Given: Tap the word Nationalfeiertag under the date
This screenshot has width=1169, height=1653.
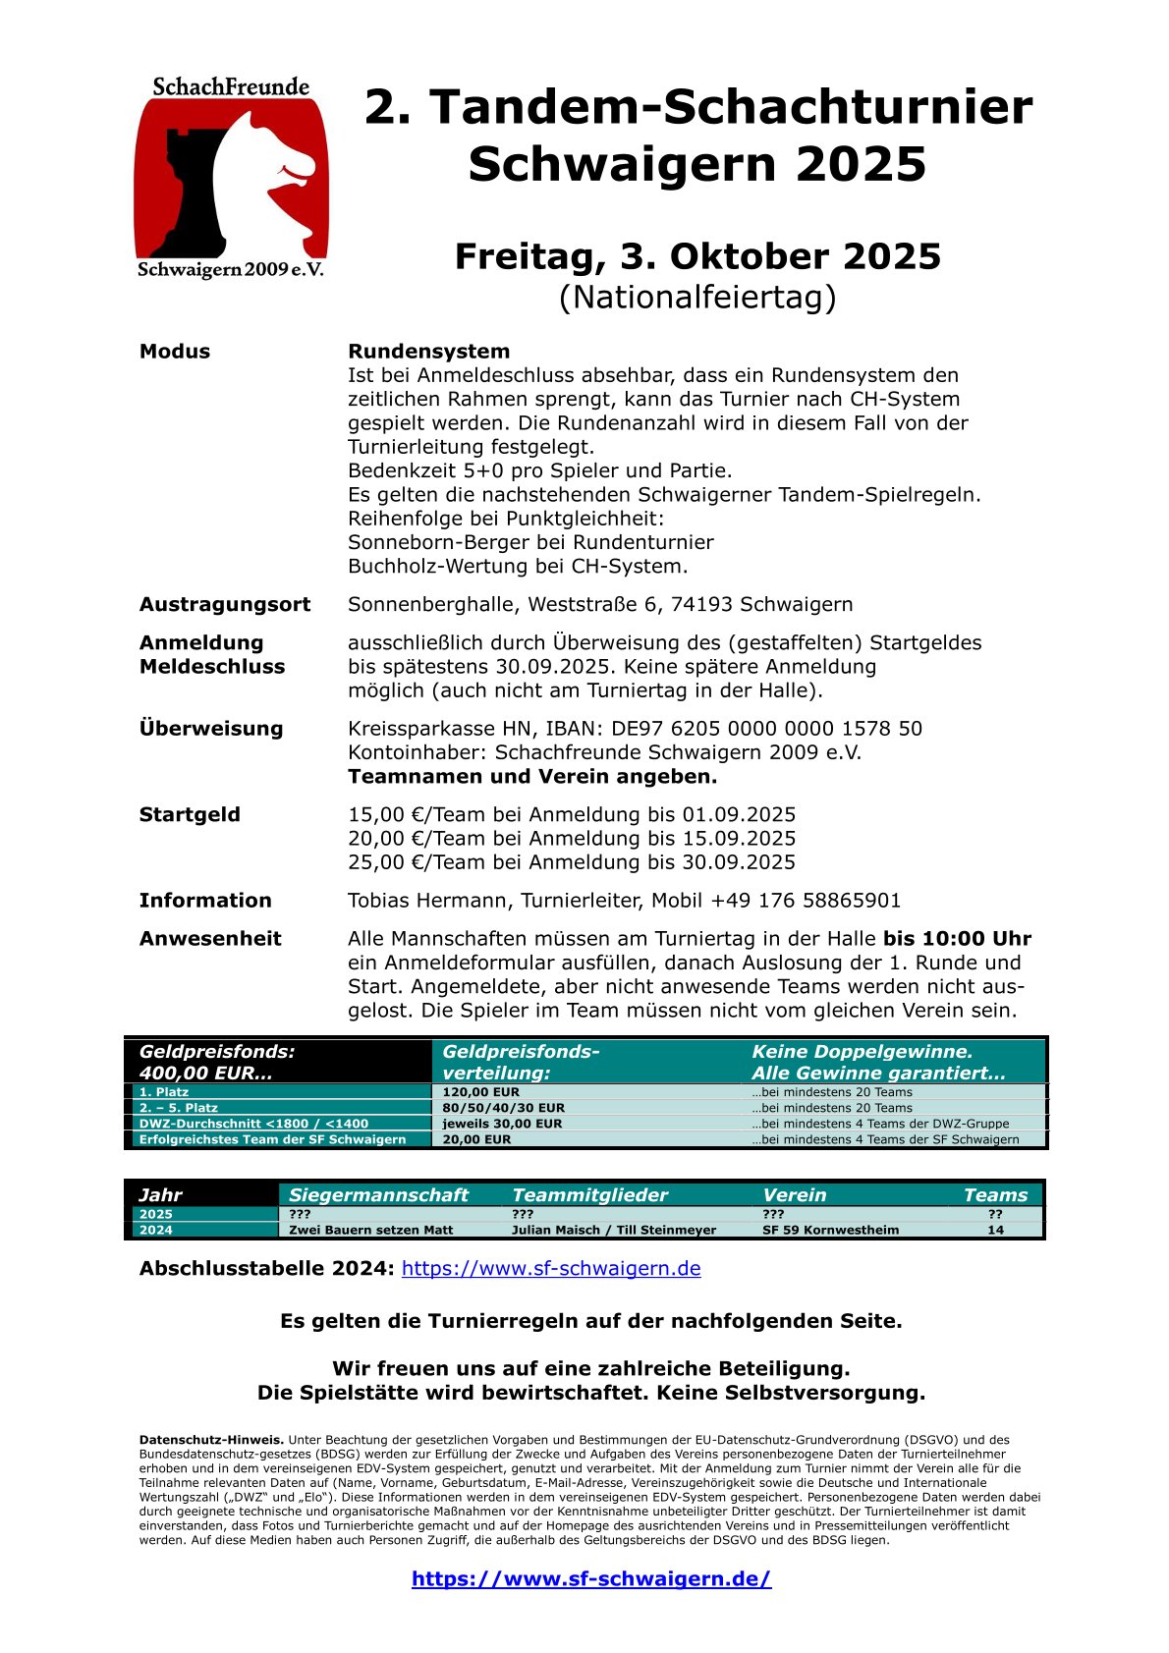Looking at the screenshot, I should pos(697,297).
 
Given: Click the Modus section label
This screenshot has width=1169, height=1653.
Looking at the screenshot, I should pos(175,352).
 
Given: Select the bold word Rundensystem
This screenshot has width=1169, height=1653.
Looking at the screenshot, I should pos(428,352).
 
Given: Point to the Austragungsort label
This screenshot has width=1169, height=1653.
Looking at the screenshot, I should pos(224,604).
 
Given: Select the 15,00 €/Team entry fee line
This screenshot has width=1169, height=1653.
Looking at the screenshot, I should pos(572,815).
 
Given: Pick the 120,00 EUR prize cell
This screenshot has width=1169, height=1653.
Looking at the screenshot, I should pos(480,1092).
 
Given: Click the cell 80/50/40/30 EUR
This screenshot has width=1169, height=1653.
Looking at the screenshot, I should pos(503,1108).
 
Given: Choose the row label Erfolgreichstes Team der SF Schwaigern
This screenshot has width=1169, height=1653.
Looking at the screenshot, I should pos(272,1139).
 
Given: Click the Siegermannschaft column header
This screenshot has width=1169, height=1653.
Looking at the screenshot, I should pos(378,1195).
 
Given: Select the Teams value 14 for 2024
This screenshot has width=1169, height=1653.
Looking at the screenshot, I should pos(995,1230).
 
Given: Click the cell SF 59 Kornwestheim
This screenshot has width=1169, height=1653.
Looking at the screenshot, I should pos(830,1230).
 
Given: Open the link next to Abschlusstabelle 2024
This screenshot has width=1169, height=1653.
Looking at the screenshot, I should pos(551,1268).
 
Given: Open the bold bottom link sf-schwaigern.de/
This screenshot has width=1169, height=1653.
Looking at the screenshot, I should pos(591,1579).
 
